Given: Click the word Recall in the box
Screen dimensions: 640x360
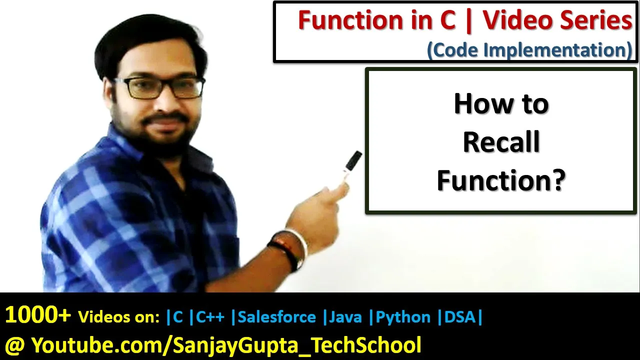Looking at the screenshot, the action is tap(501, 142).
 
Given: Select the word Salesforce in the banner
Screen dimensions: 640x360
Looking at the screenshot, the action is tap(277, 317).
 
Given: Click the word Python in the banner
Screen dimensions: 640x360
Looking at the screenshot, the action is tap(403, 317).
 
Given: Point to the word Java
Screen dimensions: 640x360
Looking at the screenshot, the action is tap(345, 317).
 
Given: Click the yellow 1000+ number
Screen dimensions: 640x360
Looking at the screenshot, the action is tap(38, 315).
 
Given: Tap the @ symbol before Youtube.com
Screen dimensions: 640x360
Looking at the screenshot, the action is tap(15, 345).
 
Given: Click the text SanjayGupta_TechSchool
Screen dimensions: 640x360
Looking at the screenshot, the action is tap(297, 345).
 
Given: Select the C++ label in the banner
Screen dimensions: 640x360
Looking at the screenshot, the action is tap(210, 317).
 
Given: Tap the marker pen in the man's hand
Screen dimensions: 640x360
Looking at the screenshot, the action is tap(351, 165).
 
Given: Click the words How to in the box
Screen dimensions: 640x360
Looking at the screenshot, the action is tap(501, 103).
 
